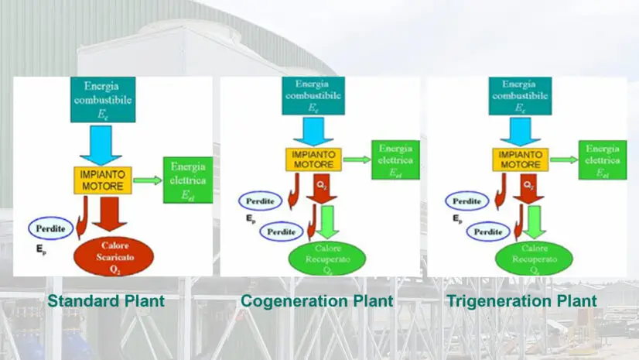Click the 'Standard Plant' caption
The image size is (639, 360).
pyautogui.click(x=106, y=301)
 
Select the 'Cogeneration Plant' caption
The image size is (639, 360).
pyautogui.click(x=316, y=301)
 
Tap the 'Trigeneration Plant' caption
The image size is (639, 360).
pyautogui.click(x=521, y=301)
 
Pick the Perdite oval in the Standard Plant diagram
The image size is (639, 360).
pyautogui.click(x=51, y=228)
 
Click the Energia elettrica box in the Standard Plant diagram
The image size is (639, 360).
pyautogui.click(x=187, y=180)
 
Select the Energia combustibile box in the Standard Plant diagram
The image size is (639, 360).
pyautogui.click(x=102, y=99)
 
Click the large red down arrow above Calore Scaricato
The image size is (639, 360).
pyautogui.click(x=111, y=214)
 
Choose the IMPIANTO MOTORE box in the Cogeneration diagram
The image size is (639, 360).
pyautogui.click(x=313, y=159)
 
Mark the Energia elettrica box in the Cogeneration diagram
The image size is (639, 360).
pyautogui.click(x=395, y=159)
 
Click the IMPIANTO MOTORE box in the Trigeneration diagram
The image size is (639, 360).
pyautogui.click(x=521, y=159)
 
